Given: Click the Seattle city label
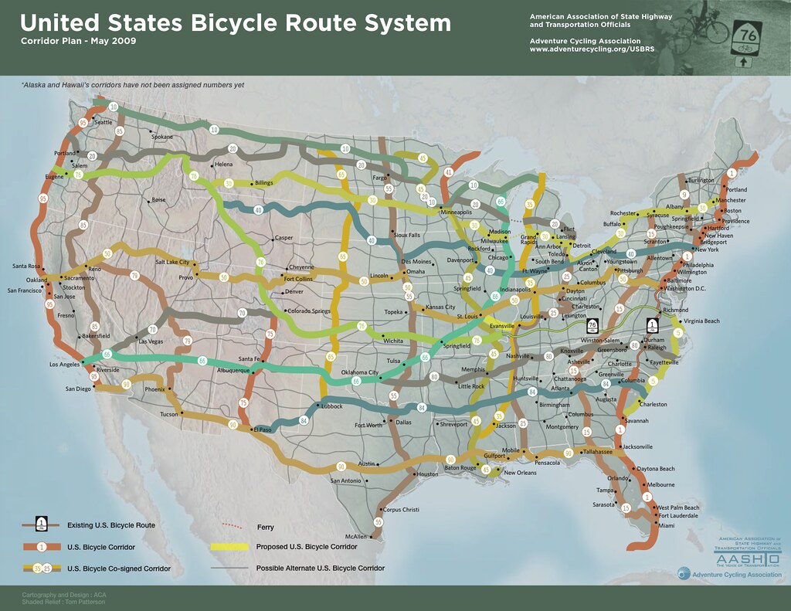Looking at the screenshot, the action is point(104,122).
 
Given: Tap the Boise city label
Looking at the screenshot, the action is point(159,199).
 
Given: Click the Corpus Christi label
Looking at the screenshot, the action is point(401,510).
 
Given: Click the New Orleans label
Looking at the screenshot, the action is point(520,473).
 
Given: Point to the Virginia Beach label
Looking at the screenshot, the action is point(701,321).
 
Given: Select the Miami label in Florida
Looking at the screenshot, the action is point(667,526).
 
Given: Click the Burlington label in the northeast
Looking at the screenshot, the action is point(701,180).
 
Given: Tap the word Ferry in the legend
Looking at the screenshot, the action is point(265,528).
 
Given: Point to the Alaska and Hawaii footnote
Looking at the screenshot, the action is point(133,85).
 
